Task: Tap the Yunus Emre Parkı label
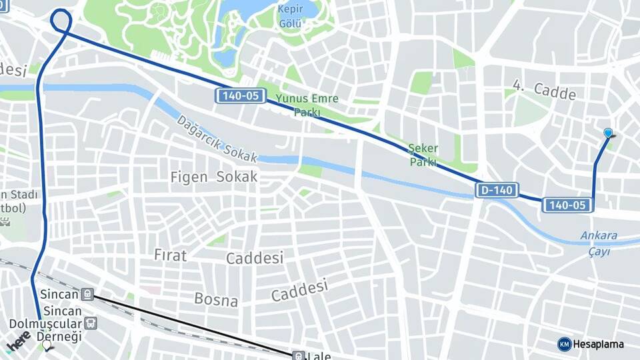[307, 105]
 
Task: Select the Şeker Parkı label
[423, 155]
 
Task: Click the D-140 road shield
[497, 190]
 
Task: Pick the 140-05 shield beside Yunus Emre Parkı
[239, 96]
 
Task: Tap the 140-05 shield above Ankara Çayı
[567, 205]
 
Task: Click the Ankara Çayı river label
[599, 241]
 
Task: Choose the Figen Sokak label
[214, 177]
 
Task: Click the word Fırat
[171, 255]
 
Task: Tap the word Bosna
[216, 299]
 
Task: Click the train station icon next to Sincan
[87, 294]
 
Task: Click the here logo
[19, 341]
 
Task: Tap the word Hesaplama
[598, 344]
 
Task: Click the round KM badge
[564, 344]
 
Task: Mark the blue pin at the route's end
[608, 133]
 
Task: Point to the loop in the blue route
[61, 19]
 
